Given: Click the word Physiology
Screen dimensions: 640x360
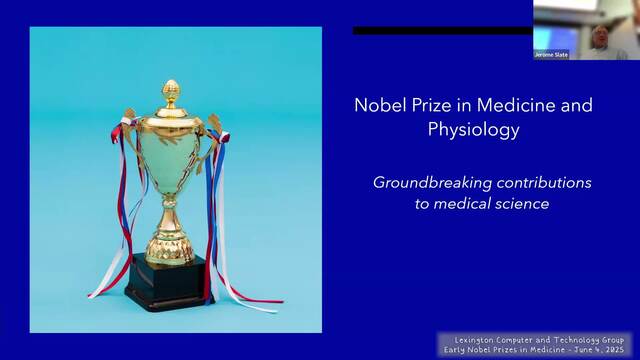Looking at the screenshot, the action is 473,130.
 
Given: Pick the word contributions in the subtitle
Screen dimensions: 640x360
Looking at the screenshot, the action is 544,182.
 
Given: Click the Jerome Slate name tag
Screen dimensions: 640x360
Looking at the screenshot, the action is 551,55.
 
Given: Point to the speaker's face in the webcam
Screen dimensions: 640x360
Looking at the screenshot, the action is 600,37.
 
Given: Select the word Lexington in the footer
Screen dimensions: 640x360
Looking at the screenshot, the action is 473,340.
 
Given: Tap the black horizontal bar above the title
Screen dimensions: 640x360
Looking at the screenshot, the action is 442,31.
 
